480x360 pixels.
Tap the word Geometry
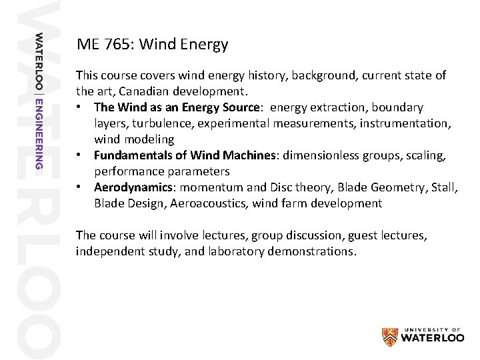381,188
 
